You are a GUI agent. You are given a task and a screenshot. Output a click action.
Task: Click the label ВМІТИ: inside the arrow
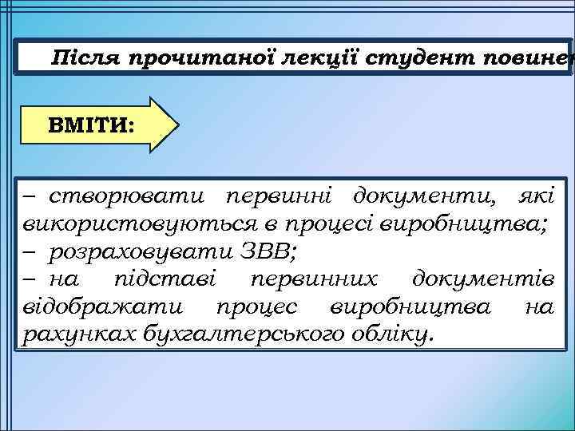tap(91, 125)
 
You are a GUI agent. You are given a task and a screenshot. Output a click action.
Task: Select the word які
tap(534, 195)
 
